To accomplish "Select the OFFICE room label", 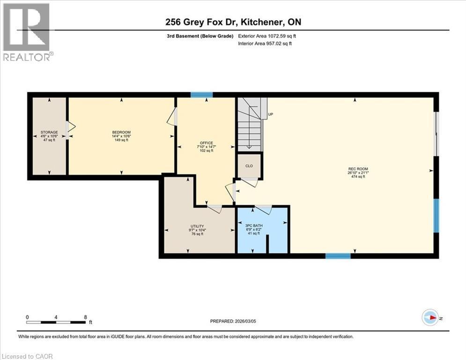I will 206,143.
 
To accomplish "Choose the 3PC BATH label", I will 255,225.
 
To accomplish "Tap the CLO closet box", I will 249,166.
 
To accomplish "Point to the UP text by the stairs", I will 270,114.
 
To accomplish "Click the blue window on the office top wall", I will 202,95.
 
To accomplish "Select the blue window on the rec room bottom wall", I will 338,256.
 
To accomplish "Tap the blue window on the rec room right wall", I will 436,216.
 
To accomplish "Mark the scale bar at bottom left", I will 56,322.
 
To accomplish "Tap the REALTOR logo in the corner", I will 27,31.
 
